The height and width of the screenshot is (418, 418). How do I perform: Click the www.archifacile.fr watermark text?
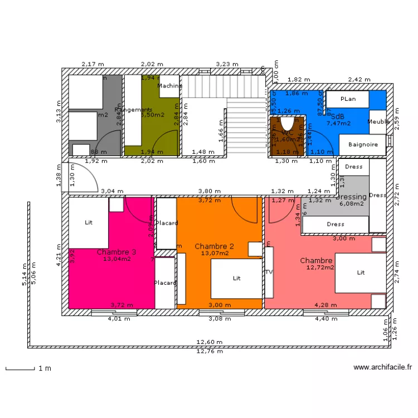point(382,367)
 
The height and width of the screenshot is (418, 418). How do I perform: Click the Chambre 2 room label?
point(214,246)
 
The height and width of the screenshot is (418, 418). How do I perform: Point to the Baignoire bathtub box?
point(363,145)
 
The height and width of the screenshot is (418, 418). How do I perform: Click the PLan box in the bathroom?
point(348,99)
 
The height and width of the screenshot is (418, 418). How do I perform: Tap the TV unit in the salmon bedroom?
point(269,273)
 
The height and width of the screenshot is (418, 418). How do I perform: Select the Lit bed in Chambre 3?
point(88,222)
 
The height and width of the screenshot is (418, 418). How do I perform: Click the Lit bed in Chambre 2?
point(236,278)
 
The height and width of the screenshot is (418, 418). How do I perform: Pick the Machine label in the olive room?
point(169,86)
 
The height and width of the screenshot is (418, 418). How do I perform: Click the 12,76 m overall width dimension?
point(209,351)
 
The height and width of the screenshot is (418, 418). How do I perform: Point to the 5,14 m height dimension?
point(24,274)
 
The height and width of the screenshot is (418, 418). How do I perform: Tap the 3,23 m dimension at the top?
point(227,64)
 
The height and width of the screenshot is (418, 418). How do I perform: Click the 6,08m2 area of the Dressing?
point(351,203)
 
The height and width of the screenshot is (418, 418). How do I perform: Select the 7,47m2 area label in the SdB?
point(338,123)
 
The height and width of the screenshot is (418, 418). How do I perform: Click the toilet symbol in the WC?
point(287,124)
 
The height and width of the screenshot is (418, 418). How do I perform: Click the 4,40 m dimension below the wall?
point(326,319)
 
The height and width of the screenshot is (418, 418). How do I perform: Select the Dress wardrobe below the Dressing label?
point(335,225)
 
